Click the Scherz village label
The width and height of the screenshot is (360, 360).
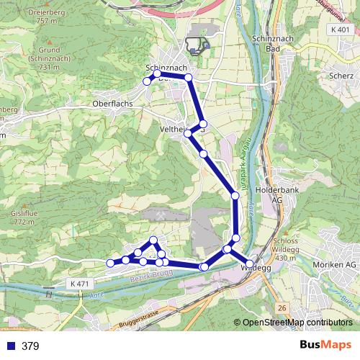pyautogui.click(x=338, y=75)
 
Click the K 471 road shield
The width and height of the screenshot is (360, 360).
pyautogui.click(x=80, y=284)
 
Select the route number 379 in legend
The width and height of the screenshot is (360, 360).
pyautogui.click(x=31, y=346)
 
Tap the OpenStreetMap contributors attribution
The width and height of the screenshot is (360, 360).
pyautogui.click(x=297, y=323)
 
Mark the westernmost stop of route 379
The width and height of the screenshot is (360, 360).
pyautogui.click(x=110, y=264)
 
